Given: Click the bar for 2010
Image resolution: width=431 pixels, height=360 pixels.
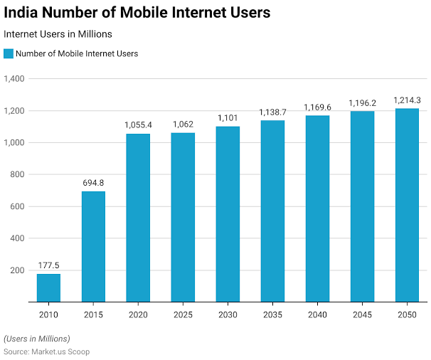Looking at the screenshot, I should click(x=48, y=288).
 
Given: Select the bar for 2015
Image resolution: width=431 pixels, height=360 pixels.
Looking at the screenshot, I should click(x=93, y=246).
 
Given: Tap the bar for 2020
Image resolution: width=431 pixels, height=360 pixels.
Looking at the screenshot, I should click(x=138, y=218).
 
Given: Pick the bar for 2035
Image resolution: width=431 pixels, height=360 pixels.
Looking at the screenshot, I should click(x=272, y=211).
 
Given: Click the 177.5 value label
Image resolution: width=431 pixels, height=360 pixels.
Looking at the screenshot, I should click(x=48, y=266).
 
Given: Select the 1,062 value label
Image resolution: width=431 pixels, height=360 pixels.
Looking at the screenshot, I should click(x=183, y=125).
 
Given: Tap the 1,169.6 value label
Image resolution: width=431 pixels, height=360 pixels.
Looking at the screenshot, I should click(x=317, y=107).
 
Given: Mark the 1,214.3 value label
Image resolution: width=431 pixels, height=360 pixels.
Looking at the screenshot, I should click(x=407, y=100).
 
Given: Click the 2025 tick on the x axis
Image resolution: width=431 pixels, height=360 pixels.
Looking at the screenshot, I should click(x=183, y=314).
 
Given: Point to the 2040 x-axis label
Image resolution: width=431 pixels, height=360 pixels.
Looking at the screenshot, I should click(x=317, y=314).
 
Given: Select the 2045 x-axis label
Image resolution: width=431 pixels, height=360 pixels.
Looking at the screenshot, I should click(x=362, y=314).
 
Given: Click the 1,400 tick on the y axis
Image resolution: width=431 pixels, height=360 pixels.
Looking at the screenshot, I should click(x=15, y=78).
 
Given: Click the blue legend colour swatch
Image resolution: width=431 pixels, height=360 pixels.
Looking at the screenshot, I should click(x=9, y=53).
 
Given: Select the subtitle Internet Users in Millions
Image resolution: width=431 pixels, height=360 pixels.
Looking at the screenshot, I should click(x=58, y=33).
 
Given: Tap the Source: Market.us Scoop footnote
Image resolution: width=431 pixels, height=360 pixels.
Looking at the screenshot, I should click(x=47, y=351).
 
